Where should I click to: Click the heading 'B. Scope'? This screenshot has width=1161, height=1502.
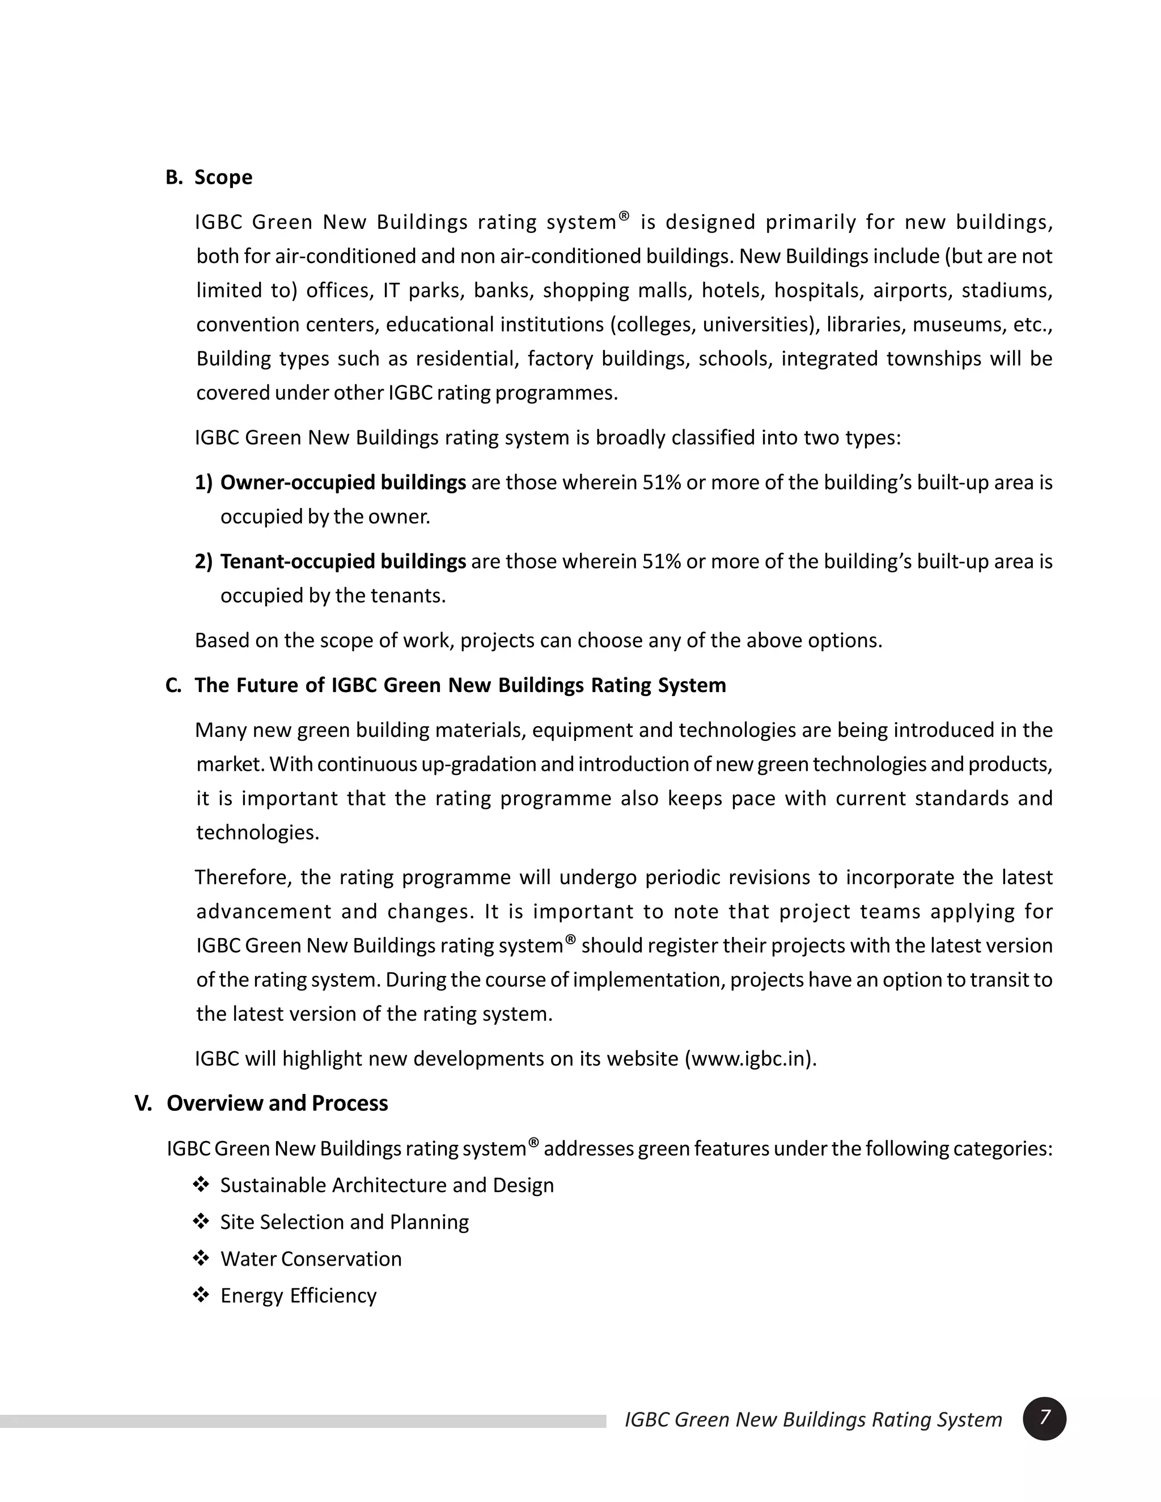point(209,177)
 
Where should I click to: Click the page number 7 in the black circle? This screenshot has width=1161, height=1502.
point(1044,1418)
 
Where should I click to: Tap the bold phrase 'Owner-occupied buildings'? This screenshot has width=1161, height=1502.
point(342,483)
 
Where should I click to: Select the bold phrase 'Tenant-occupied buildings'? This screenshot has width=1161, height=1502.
point(342,562)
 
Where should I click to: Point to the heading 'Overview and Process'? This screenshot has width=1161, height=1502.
point(277,1103)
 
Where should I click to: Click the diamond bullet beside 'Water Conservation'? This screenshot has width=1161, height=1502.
point(201,1258)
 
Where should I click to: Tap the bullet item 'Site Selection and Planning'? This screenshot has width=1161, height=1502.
point(344,1222)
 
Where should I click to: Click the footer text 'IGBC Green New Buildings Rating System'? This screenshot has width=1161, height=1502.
point(813,1419)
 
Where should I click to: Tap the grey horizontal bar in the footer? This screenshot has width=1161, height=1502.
point(303,1421)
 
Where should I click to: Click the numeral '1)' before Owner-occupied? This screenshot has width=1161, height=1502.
point(204,483)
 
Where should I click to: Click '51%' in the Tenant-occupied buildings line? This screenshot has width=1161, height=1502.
point(661,562)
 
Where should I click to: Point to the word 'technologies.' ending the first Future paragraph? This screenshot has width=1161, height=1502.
point(258,833)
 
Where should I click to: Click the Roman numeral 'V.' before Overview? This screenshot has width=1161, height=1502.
point(143,1103)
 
